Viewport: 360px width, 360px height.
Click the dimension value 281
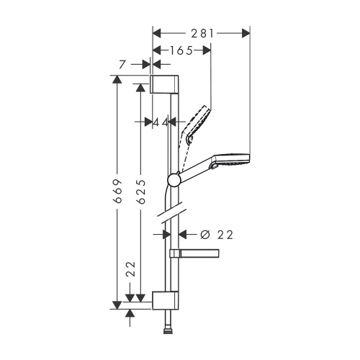point(202,33)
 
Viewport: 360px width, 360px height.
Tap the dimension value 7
point(123,65)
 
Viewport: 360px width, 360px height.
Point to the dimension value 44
point(161,123)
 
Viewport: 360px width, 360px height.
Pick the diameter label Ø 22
point(217,234)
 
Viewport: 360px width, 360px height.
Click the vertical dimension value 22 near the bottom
point(130,271)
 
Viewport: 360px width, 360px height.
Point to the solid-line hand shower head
point(231,162)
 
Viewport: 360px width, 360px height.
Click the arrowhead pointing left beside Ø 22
point(182,234)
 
